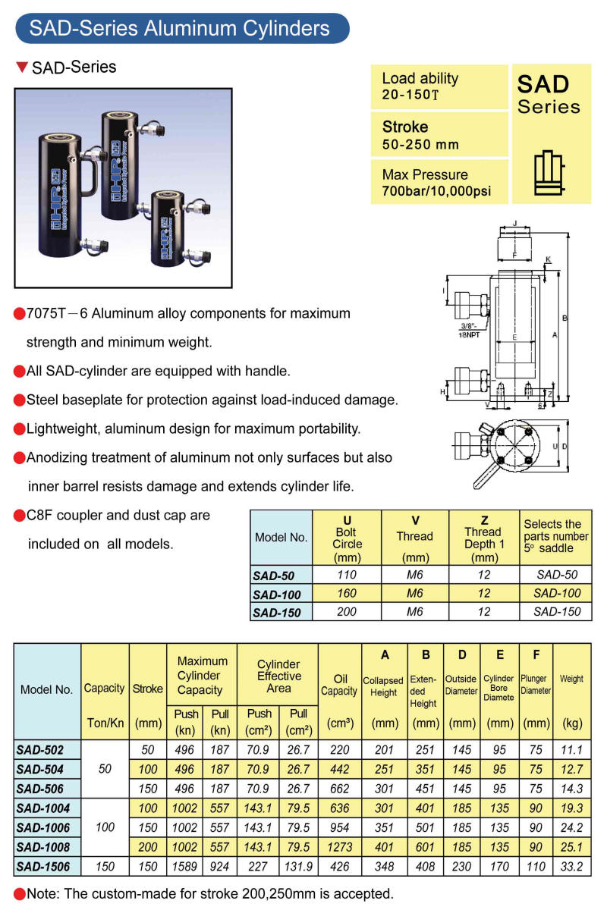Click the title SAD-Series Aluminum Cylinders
[x=180, y=29]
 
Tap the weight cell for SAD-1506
[x=571, y=865]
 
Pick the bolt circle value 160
[x=347, y=594]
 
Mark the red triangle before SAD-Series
[x=22, y=67]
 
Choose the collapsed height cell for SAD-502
[x=384, y=749]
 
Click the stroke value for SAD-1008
[x=148, y=846]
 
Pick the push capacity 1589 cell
[x=185, y=865]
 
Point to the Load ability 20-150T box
[x=438, y=86]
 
